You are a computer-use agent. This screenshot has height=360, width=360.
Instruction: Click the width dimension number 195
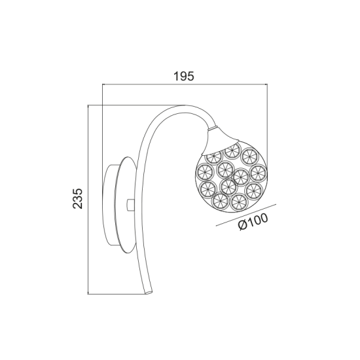coord(185,76)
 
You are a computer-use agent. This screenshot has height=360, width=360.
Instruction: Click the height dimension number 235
coord(77,198)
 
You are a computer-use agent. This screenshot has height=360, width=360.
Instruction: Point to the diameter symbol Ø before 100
coord(241,228)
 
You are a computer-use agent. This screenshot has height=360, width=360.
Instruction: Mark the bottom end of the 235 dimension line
coord(90,293)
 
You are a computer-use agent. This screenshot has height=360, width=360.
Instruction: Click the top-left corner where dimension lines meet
coord(103,106)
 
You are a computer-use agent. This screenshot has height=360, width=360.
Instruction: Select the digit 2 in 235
coord(77,207)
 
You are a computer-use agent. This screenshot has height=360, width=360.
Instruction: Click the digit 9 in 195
coord(185,76)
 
